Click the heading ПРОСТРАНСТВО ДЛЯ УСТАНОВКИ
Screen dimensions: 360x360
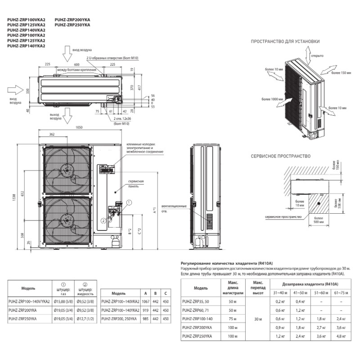(286, 41)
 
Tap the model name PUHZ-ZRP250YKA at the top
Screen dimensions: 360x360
(72, 25)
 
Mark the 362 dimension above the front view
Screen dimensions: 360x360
(52, 134)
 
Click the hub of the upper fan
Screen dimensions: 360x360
(67, 170)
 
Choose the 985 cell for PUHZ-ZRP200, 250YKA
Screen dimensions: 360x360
(144, 319)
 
